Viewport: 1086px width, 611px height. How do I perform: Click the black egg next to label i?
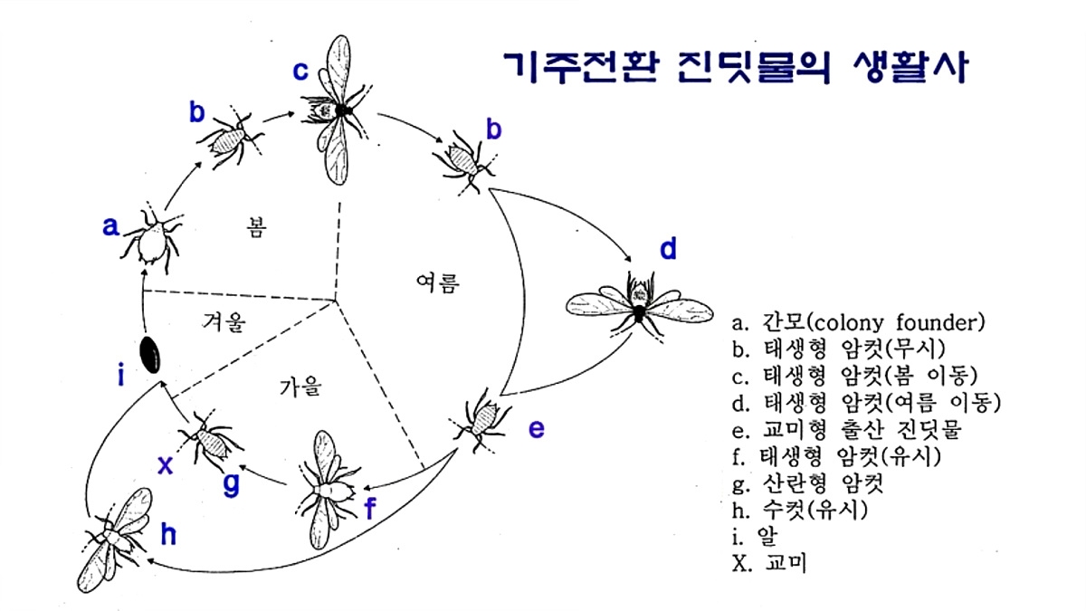tap(150, 355)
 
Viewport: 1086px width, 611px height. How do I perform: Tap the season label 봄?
tap(256, 227)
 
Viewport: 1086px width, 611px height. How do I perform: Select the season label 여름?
tap(438, 282)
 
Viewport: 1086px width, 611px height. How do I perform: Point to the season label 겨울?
tap(224, 321)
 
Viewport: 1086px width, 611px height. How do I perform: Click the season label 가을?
tap(300, 387)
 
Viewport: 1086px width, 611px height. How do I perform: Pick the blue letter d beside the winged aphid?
tap(668, 248)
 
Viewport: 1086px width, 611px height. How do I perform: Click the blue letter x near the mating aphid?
tap(166, 465)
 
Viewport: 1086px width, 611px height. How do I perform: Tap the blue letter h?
tap(168, 535)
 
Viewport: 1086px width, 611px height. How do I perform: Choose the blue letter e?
tap(536, 429)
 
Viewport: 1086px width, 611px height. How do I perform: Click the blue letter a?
tap(110, 226)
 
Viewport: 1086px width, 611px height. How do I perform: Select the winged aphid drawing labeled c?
tap(338, 110)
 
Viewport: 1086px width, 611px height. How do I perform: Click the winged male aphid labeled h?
tap(116, 539)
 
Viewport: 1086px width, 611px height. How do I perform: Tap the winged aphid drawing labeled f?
tap(328, 490)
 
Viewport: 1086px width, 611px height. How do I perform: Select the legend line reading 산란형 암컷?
tap(807, 483)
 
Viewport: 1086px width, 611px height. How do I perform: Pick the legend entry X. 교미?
tap(769, 563)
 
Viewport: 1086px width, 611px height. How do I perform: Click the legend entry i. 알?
tap(756, 537)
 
